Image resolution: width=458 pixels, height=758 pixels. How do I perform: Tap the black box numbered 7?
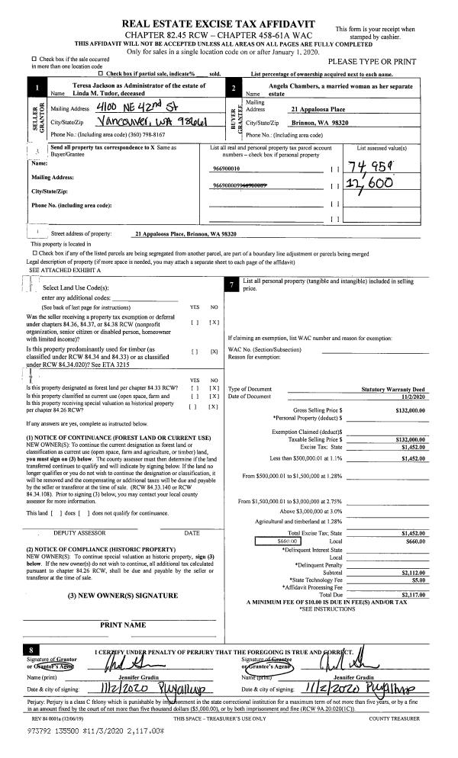click(231, 285)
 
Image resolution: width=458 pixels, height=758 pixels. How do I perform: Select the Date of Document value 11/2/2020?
click(411, 397)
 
